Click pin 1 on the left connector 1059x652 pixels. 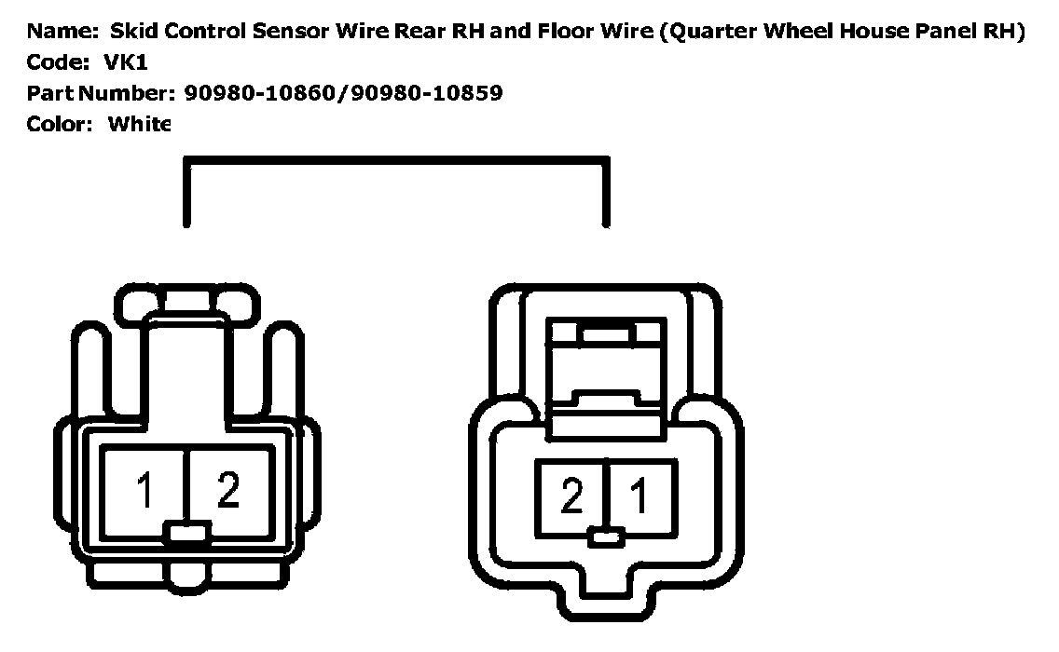[x=145, y=491]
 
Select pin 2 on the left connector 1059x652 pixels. [x=228, y=491]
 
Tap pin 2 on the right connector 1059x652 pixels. [x=571, y=497]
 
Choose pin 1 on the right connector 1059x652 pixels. [x=640, y=497]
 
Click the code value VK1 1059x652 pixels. [x=126, y=62]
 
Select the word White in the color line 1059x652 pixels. [x=140, y=124]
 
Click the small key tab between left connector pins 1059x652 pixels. [x=187, y=533]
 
